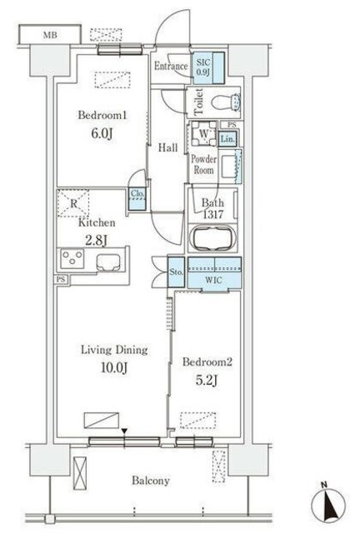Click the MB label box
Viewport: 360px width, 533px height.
click(51, 35)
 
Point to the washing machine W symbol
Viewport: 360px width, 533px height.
click(202, 134)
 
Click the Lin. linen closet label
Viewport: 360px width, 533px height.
click(229, 139)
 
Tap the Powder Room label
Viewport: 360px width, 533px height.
click(203, 164)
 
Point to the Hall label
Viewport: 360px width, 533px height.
click(167, 147)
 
